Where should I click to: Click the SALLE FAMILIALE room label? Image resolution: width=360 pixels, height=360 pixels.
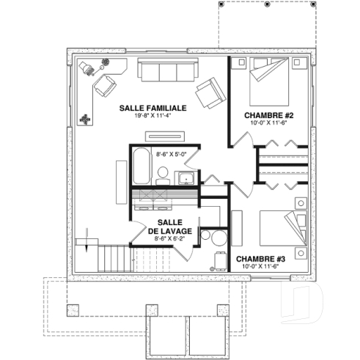[x=153, y=107]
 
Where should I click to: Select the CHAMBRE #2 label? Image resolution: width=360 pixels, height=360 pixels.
[x=268, y=115]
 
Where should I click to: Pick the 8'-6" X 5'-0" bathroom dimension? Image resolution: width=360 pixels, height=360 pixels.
[x=173, y=155]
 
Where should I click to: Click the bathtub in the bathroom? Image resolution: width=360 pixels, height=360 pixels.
[x=141, y=167]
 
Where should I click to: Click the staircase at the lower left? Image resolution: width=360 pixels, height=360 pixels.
[x=114, y=257]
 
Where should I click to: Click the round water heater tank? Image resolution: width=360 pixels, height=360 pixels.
[x=213, y=237]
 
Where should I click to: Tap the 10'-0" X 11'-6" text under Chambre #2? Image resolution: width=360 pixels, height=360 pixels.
[x=268, y=124]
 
